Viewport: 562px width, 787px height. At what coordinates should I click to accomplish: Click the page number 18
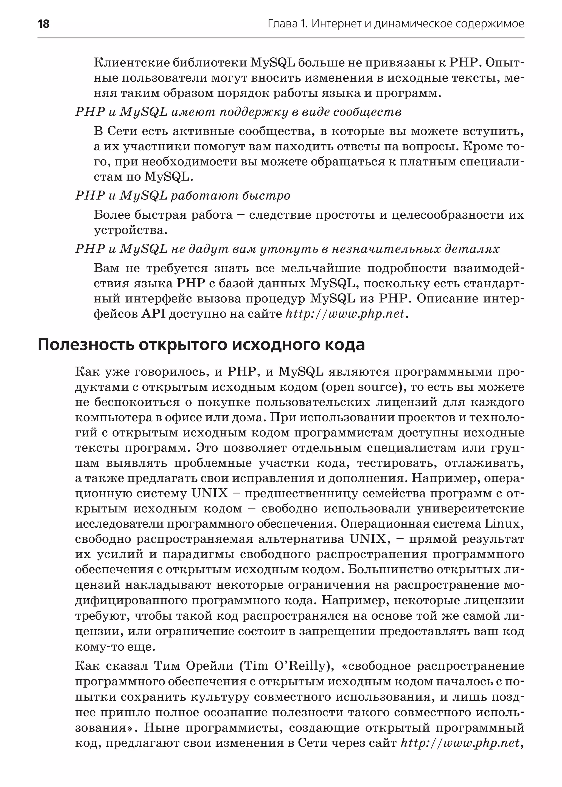44,24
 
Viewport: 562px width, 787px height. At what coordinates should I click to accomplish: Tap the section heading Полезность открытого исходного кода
201,345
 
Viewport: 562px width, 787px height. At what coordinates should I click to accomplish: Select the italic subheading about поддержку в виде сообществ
238,112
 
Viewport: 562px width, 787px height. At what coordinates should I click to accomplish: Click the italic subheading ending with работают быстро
182,196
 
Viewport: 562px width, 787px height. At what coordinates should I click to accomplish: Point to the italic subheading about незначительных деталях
287,249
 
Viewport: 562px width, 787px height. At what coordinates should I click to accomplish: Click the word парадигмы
198,554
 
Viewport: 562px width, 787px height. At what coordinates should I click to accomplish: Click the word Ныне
161,727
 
